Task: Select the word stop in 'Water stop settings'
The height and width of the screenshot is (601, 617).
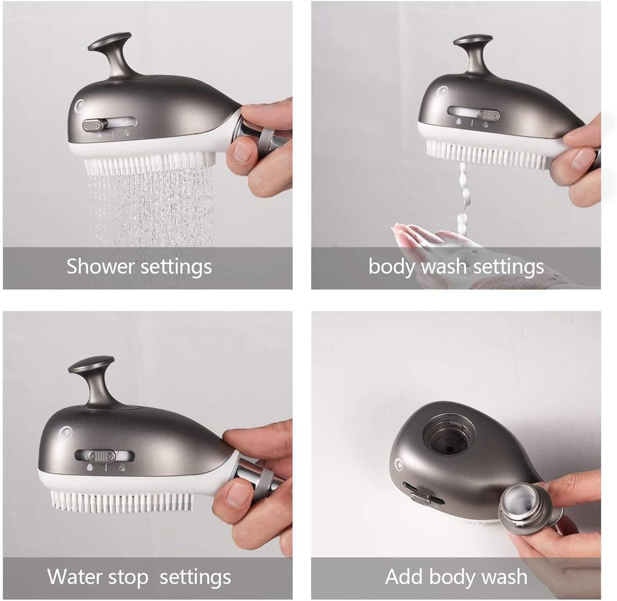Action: (x=128, y=577)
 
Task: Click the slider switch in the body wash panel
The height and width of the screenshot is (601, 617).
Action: (x=487, y=115)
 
